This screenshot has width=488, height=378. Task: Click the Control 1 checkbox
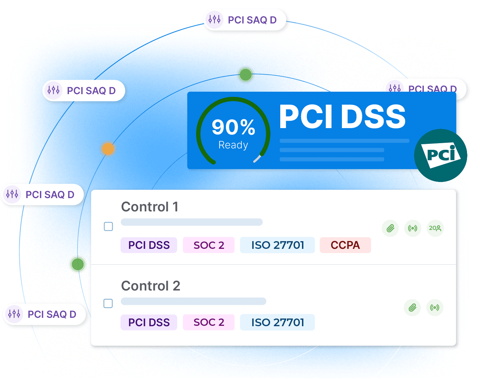[109, 226]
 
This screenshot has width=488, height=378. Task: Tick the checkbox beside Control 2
[108, 303]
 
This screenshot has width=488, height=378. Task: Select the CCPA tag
[345, 245]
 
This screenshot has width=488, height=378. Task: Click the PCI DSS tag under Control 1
[149, 245]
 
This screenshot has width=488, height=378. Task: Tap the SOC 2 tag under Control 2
[209, 322]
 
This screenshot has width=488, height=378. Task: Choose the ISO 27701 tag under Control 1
[277, 245]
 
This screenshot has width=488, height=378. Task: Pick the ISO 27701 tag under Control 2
[277, 322]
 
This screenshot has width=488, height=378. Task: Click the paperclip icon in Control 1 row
[390, 229]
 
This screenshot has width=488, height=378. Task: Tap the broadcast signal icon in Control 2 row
[435, 308]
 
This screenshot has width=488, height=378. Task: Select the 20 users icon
[435, 228]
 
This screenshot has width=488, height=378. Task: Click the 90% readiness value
[233, 127]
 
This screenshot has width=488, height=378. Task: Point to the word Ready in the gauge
[233, 145]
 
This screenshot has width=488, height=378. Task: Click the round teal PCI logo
[441, 155]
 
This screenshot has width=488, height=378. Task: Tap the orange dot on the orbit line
[108, 149]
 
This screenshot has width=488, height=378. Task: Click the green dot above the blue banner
[246, 75]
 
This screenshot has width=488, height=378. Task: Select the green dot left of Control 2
[78, 264]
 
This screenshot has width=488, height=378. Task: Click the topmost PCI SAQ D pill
[245, 20]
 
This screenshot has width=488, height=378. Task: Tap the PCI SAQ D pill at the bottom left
[45, 314]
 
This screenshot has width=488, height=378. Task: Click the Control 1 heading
[150, 207]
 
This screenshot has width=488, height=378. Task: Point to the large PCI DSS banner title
[342, 117]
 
